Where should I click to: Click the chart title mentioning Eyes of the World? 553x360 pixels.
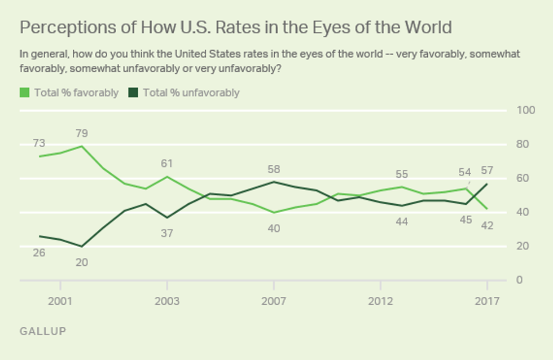tap(236, 27)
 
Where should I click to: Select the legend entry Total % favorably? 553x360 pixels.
tap(70, 93)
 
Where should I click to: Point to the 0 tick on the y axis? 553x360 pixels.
tap(519, 280)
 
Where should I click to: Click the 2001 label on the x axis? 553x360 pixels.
tap(60, 301)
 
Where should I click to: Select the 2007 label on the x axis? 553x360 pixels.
tap(274, 301)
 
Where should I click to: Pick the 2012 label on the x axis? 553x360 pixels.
tap(381, 301)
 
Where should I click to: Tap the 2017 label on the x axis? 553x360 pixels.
tap(487, 301)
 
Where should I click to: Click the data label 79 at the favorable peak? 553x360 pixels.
tap(82, 134)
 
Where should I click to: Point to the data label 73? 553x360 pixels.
tap(39, 143)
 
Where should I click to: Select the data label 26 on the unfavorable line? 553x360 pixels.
tap(39, 252)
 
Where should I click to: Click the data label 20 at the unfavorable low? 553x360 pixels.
tap(82, 262)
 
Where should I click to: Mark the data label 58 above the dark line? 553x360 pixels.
tap(274, 169)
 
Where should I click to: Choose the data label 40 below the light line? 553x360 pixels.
tap(274, 229)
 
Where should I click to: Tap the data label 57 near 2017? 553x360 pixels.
tap(487, 169)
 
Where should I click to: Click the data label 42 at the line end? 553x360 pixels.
tap(487, 226)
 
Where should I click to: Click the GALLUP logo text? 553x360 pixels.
tap(43, 331)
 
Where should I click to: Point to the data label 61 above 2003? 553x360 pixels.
tap(167, 164)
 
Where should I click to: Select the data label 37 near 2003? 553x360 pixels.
tap(167, 233)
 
